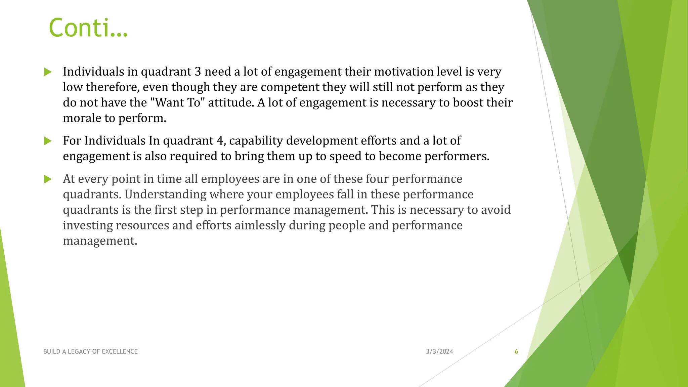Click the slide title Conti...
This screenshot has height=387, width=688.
click(x=88, y=28)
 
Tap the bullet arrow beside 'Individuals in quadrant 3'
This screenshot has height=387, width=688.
click(x=48, y=72)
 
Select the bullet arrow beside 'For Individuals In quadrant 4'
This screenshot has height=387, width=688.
click(x=48, y=141)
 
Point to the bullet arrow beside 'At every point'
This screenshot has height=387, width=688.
click(x=48, y=179)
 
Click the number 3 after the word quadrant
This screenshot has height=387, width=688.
click(x=198, y=72)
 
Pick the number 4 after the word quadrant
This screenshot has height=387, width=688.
click(x=220, y=140)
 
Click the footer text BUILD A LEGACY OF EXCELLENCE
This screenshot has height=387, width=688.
click(x=90, y=351)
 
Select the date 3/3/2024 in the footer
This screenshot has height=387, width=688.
click(x=439, y=351)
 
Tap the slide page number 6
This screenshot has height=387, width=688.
click(x=516, y=351)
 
